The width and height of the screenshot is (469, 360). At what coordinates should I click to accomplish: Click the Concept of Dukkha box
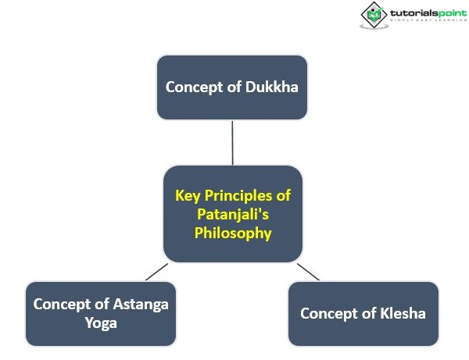232,87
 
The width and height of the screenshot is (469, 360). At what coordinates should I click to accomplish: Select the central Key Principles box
233,214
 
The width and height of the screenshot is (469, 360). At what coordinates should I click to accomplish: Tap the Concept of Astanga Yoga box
101,314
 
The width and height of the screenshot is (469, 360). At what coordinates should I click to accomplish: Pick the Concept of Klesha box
363,314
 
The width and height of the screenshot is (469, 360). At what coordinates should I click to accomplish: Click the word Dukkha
271,87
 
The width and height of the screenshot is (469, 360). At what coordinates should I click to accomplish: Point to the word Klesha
403,313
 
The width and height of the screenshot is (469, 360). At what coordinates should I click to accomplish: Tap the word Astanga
141,305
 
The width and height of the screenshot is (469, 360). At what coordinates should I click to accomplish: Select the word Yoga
101,323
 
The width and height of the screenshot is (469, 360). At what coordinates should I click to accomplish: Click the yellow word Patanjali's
233,214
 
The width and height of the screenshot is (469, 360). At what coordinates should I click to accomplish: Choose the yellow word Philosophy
233,233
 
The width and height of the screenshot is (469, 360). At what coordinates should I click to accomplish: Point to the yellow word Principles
238,196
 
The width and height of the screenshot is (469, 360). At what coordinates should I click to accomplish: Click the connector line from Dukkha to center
232,143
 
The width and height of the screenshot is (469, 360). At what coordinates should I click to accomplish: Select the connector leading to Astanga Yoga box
157,272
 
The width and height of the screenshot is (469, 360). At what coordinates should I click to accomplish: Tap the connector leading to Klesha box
309,272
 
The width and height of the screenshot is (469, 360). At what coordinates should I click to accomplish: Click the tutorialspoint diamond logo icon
374,16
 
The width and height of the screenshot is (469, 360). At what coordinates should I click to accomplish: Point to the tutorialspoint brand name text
428,13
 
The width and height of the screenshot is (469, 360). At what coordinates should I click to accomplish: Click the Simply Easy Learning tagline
428,20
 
